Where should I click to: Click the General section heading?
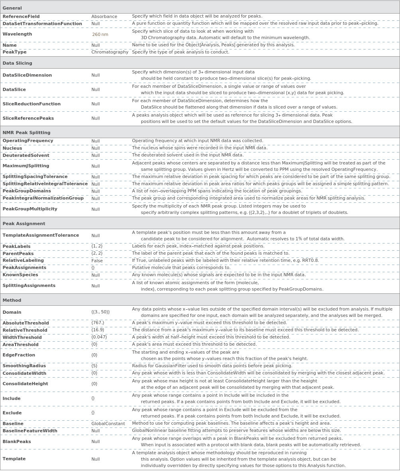12,8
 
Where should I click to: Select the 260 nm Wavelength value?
100,35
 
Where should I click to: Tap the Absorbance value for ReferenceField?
104,17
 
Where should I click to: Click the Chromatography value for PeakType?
110,52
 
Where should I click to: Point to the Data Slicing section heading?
17,63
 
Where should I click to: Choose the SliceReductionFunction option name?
31,104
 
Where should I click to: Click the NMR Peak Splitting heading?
26,133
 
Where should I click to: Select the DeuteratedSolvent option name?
26,156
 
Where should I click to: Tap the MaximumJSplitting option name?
26,166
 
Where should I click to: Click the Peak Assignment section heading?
24,224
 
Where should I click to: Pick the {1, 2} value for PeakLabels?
97,246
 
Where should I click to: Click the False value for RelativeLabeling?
97,261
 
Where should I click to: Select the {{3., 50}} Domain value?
100,312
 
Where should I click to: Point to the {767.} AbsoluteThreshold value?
98,323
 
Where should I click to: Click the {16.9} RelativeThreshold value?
98,330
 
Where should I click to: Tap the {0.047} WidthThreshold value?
99,337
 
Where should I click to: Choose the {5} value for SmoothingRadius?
94,366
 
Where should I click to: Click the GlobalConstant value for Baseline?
108,424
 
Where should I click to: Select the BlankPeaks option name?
17,442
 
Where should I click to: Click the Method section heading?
12,300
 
